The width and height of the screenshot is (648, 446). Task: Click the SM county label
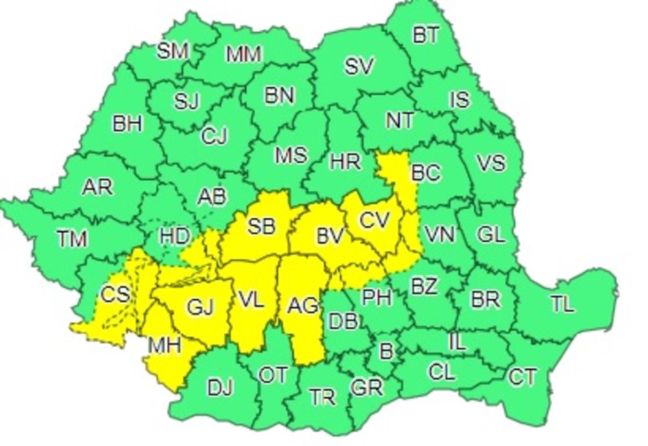(x=173, y=51)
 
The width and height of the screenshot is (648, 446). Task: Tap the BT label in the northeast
(x=426, y=35)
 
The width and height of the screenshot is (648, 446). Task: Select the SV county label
(x=358, y=65)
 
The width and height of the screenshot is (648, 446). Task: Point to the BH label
(x=128, y=123)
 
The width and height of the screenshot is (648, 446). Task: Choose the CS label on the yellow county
(x=115, y=295)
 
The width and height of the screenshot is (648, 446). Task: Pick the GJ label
(x=200, y=306)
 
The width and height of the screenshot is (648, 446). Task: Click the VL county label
(x=251, y=299)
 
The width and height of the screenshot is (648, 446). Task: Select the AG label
(x=303, y=304)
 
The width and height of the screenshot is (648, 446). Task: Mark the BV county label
(x=329, y=237)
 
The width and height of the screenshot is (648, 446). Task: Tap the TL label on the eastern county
(x=563, y=303)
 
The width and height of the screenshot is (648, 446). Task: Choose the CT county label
(x=522, y=377)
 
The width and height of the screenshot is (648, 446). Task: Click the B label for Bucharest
(x=386, y=352)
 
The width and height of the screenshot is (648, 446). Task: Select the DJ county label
(x=221, y=387)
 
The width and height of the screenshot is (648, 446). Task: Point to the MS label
(x=291, y=156)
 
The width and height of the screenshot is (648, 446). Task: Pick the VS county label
(x=491, y=162)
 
